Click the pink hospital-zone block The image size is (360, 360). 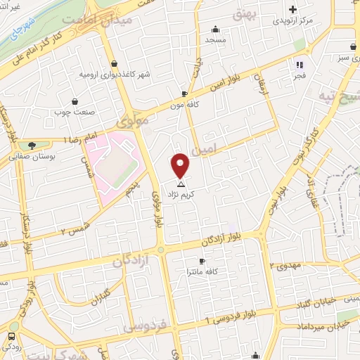(x=112, y=162)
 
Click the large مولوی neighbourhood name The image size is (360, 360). (x=134, y=120)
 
